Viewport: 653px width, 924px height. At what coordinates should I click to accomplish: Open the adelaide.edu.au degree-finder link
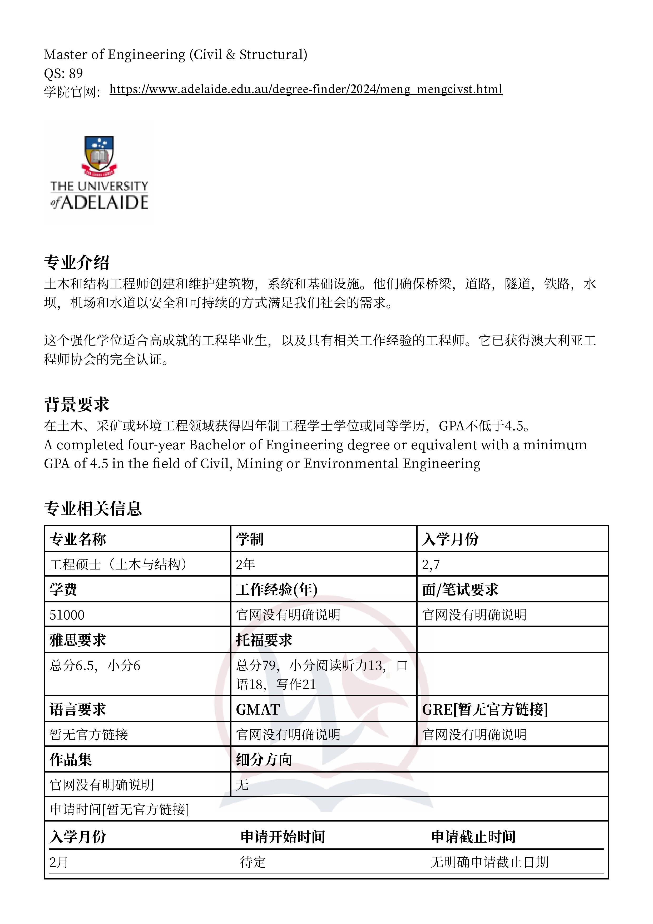click(306, 89)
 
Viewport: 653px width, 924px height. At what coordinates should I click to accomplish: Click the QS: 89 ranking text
click(63, 73)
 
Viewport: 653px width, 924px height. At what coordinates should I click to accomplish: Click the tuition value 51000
click(67, 615)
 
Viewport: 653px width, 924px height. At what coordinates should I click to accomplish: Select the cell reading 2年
click(245, 564)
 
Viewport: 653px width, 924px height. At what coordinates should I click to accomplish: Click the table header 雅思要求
click(78, 640)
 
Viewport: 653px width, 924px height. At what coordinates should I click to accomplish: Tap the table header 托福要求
click(264, 640)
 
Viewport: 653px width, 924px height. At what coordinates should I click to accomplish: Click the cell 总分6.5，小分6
click(95, 666)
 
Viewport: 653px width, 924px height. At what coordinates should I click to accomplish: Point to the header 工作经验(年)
click(277, 589)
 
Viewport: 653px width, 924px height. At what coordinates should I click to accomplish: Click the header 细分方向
click(264, 760)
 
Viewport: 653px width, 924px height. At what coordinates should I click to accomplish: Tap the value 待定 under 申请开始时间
click(253, 862)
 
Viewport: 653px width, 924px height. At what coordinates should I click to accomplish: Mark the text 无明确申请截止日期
click(490, 862)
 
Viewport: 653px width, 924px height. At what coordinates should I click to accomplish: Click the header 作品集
click(71, 760)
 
